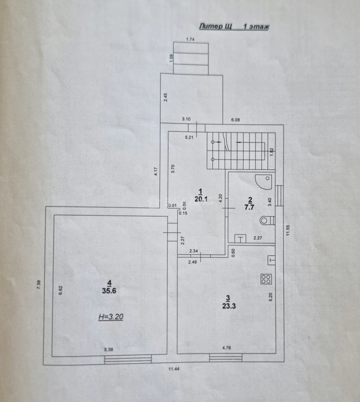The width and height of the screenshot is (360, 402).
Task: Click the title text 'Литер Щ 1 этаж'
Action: (x=234, y=26)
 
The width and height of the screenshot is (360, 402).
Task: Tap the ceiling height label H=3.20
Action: (x=111, y=317)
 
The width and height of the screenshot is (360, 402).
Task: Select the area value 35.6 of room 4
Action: (x=109, y=291)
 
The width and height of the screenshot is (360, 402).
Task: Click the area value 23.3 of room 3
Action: (x=229, y=306)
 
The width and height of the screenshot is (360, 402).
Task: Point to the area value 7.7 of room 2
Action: (x=249, y=207)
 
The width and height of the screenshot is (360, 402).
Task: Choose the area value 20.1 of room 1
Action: (x=201, y=199)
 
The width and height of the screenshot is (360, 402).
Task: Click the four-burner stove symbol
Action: (x=266, y=279)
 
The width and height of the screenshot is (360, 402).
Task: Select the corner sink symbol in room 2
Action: (x=264, y=182)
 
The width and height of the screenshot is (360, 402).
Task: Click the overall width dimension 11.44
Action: (x=174, y=369)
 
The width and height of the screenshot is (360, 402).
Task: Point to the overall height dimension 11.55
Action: (x=288, y=230)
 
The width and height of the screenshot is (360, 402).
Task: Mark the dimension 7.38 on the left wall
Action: (x=39, y=285)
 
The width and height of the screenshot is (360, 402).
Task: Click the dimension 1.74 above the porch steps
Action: (x=190, y=39)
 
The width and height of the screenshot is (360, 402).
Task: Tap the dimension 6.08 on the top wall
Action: (x=235, y=120)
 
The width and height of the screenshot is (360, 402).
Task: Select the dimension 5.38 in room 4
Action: (x=109, y=350)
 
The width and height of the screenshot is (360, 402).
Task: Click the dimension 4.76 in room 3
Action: (x=226, y=348)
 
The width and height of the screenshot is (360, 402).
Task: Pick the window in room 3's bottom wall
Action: (x=226, y=358)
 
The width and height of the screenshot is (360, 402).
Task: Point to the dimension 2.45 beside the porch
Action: (x=166, y=97)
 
